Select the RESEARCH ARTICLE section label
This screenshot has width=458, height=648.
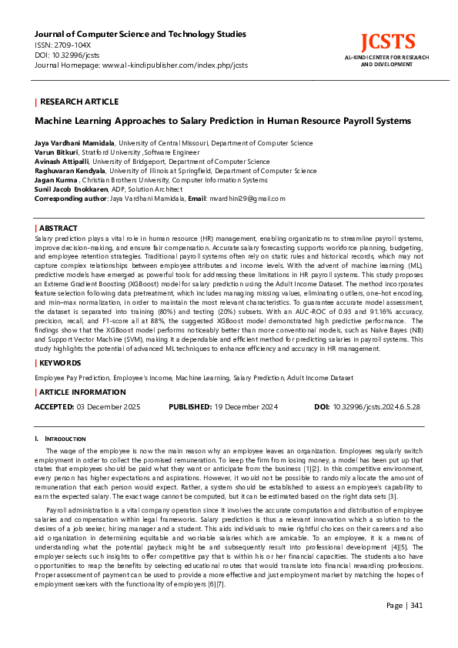tap(79, 102)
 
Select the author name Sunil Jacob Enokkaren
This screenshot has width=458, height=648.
tap(70, 189)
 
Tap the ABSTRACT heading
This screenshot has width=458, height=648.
tap(59, 229)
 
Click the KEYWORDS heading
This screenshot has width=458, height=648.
tap(61, 362)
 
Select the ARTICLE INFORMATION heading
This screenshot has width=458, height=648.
tap(82, 392)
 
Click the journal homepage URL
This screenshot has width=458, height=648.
tap(175, 65)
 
